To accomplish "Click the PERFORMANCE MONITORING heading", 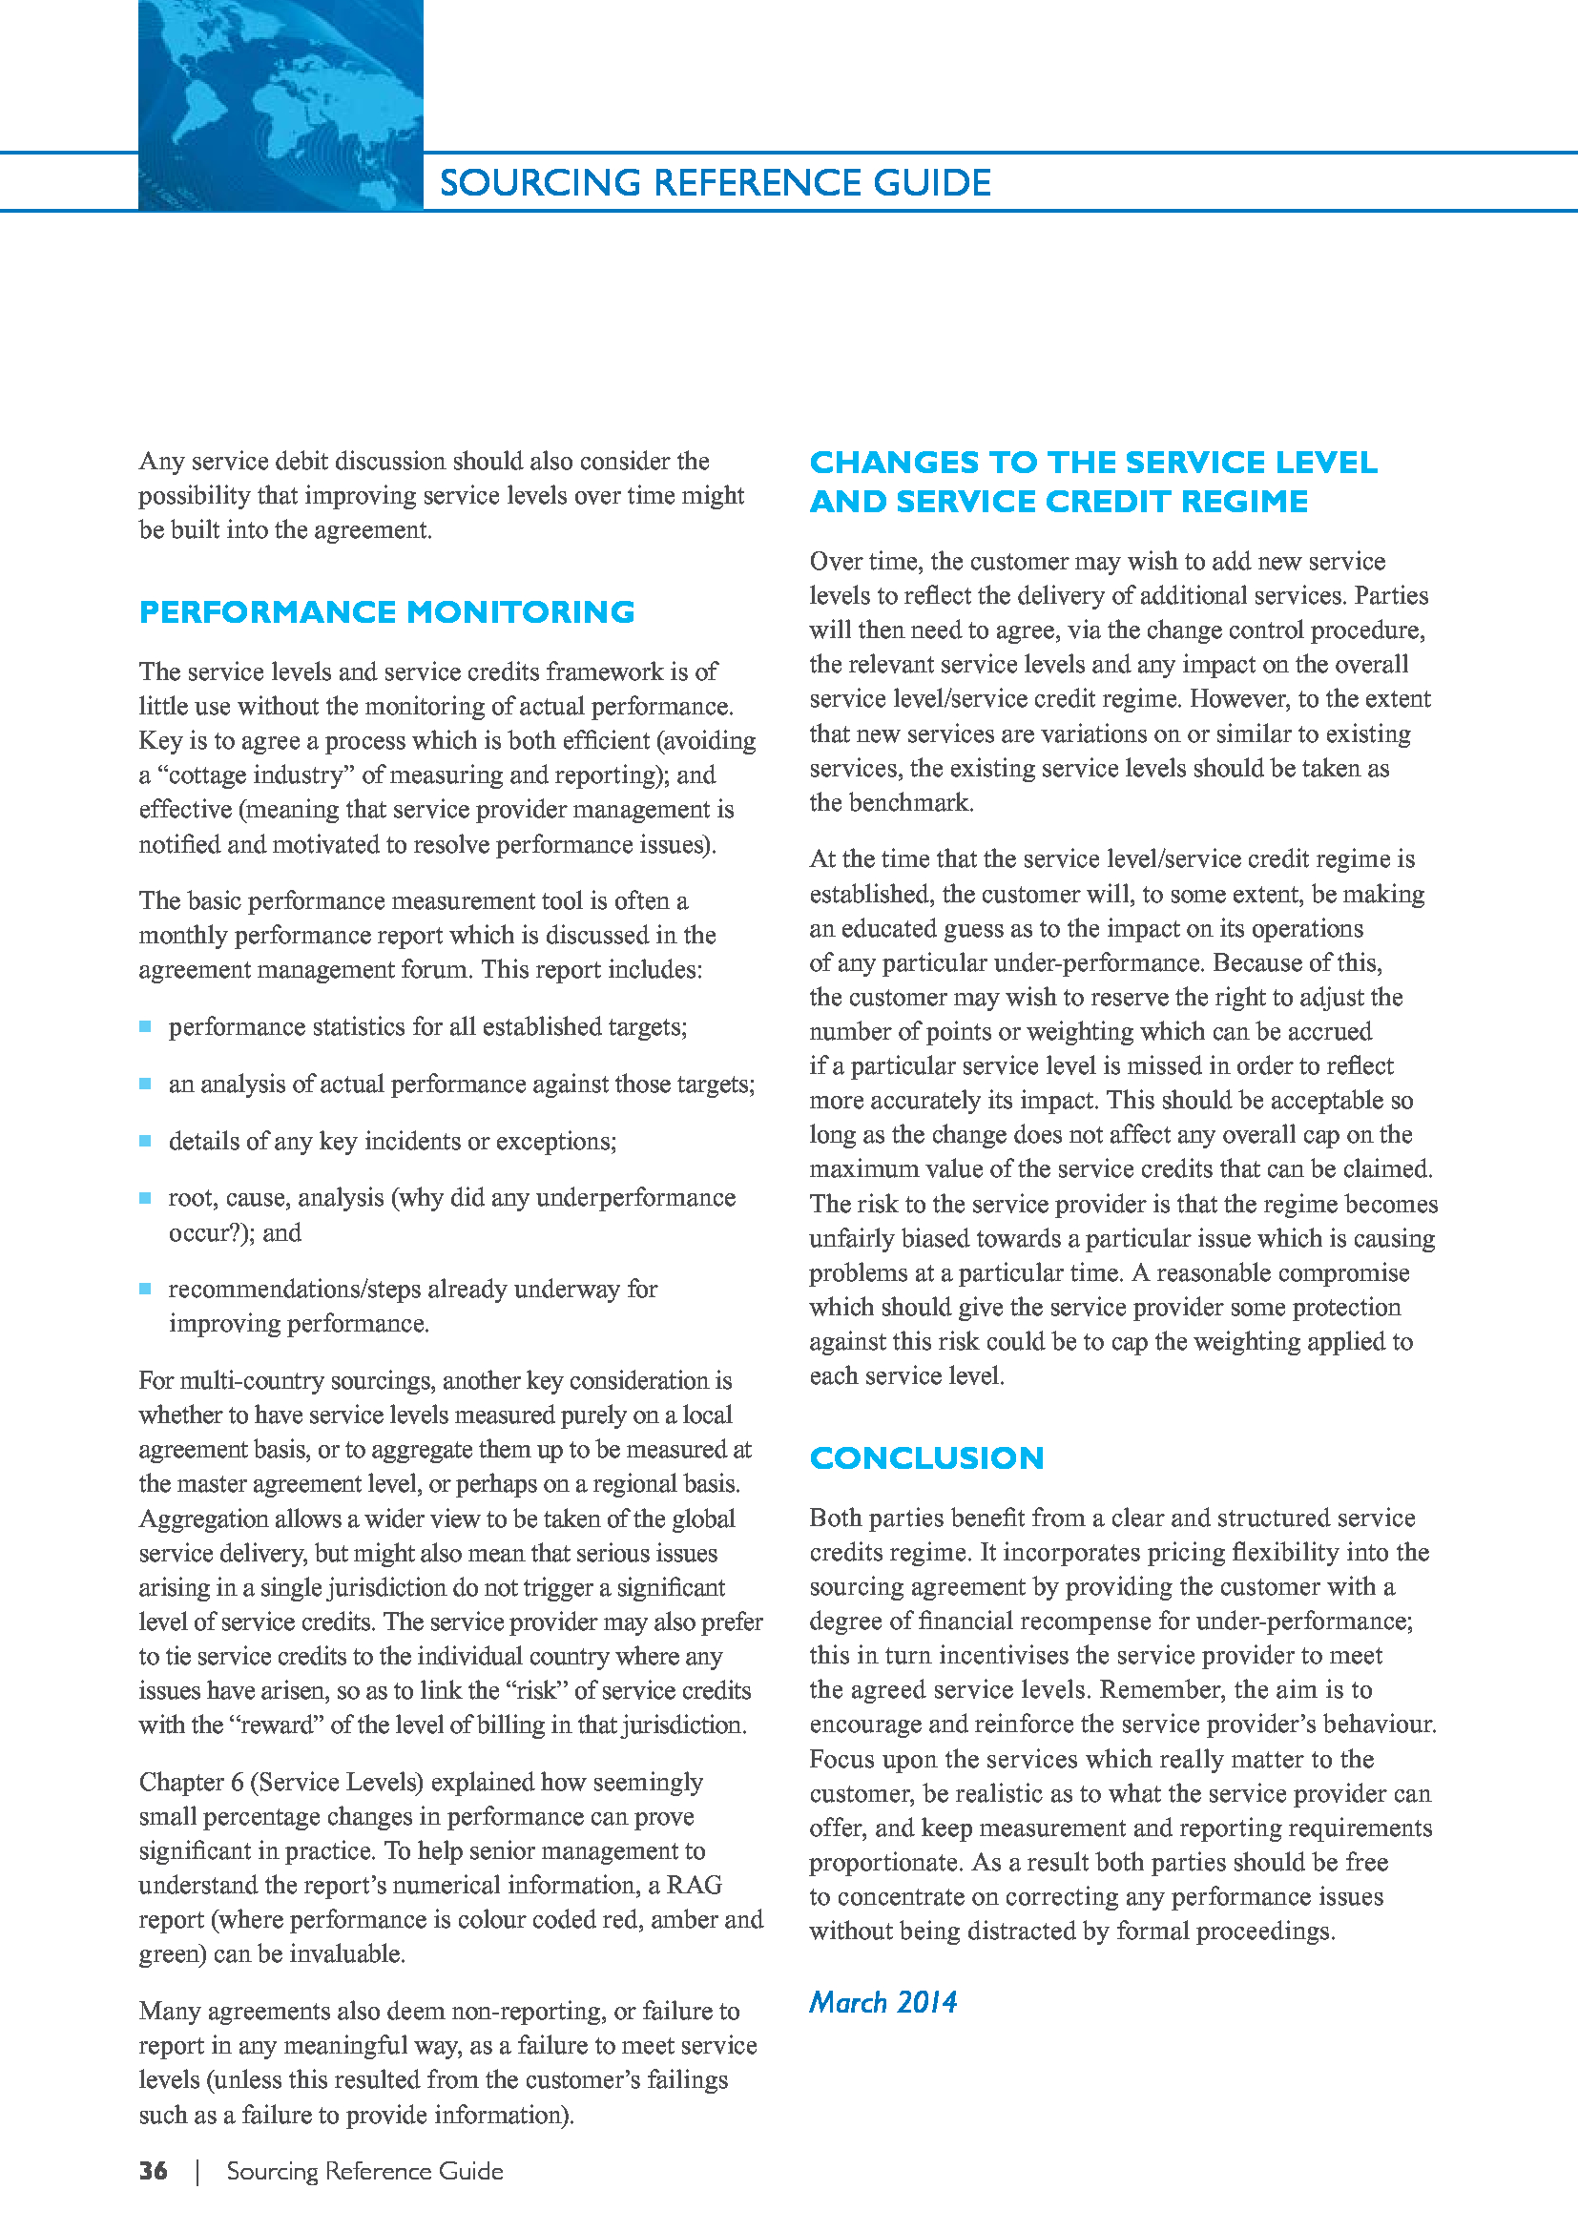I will (x=385, y=612).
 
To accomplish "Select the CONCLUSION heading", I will (x=926, y=1457).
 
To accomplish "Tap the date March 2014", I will (x=882, y=2003).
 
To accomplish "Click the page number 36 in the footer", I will (x=153, y=2171).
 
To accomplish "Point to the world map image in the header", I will (x=280, y=105).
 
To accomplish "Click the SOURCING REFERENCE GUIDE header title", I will (x=715, y=183).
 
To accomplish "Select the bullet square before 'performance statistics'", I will (x=146, y=1027).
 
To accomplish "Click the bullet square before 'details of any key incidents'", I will (x=146, y=1141).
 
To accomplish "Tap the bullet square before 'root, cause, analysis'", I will (x=146, y=1198).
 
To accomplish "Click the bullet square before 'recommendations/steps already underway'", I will (x=146, y=1290).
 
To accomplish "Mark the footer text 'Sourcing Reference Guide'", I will (x=364, y=2171).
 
